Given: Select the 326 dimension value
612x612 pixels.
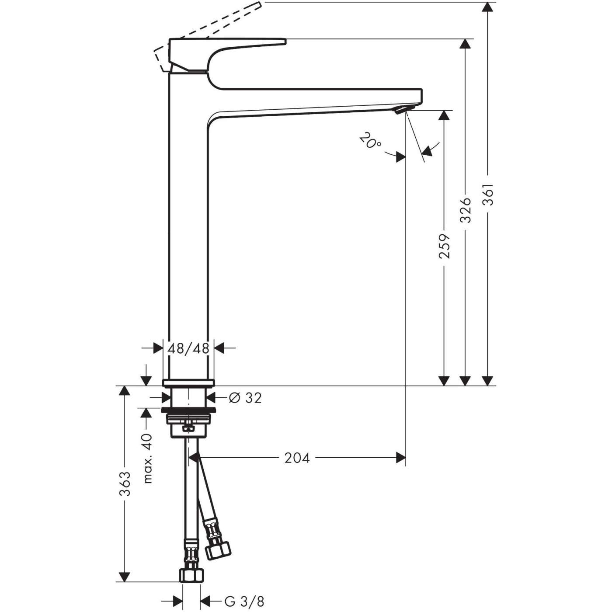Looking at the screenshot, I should [x=466, y=210].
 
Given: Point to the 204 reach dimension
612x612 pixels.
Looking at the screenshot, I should [x=297, y=458].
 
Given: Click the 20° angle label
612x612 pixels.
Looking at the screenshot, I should [x=370, y=141].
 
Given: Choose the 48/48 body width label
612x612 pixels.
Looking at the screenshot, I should [x=188, y=348].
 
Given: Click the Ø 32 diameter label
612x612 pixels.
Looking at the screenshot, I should [x=245, y=397].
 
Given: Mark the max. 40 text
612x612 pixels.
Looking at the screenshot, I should [x=148, y=459].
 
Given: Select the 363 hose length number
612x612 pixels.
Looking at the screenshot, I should [x=125, y=484].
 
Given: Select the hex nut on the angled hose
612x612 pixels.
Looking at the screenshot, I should [x=217, y=550].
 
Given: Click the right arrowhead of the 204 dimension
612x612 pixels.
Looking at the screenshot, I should [x=401, y=458].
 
